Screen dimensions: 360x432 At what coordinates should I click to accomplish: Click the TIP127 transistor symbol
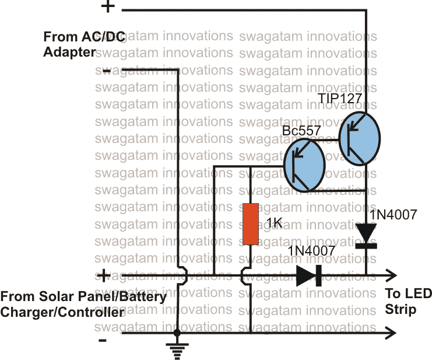point(359,138)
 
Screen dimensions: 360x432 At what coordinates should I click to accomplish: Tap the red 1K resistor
point(250,224)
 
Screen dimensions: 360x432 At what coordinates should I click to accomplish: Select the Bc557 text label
point(301,131)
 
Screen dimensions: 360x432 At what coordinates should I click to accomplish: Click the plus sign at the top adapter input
point(108,7)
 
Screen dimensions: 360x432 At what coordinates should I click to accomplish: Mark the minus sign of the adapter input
point(107,70)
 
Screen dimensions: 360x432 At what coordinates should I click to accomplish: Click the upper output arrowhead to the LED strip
point(391,275)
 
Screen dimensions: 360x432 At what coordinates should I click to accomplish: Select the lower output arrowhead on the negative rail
point(391,333)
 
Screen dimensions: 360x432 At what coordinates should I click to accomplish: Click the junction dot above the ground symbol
point(177,333)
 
